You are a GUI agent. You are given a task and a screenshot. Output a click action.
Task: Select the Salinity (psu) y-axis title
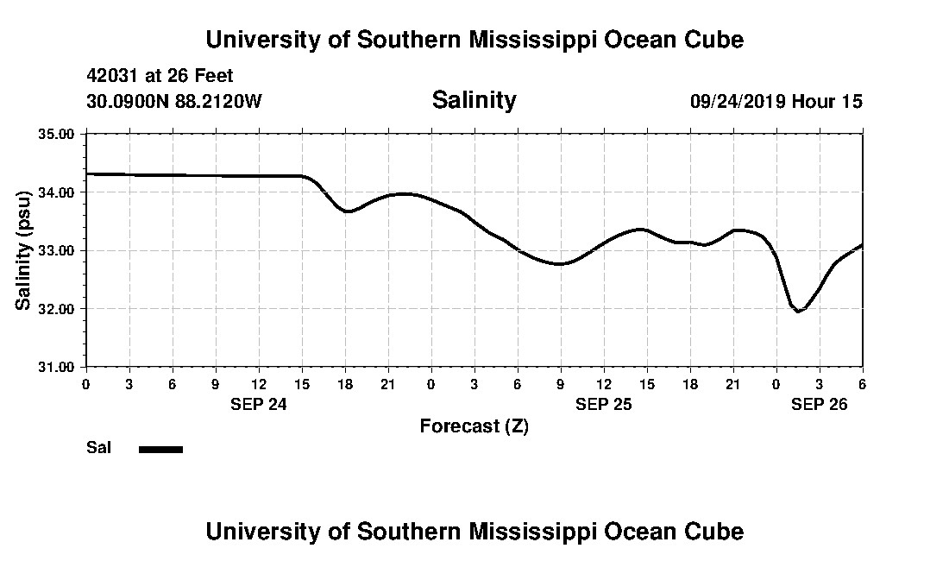24,250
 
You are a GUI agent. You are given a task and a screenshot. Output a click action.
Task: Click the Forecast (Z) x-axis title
474,425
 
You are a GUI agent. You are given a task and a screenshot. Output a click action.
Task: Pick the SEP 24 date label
258,404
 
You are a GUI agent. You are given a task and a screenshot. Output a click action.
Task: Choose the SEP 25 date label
603,404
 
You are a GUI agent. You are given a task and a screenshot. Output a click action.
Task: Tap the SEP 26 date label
819,404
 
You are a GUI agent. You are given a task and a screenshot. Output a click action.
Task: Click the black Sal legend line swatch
160,449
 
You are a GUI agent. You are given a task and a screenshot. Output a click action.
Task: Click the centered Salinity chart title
474,100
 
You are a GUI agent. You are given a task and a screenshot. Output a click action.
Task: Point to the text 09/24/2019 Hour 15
776,101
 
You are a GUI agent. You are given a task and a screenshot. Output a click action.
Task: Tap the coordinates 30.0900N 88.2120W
173,101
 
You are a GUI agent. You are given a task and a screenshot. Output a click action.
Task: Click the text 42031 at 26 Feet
160,76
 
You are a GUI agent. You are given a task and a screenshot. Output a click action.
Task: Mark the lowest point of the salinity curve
798,311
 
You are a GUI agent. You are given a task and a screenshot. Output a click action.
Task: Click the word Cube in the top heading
713,40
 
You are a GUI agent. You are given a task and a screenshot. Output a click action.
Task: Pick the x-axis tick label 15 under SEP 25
646,383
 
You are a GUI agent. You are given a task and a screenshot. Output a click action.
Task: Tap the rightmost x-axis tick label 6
862,383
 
